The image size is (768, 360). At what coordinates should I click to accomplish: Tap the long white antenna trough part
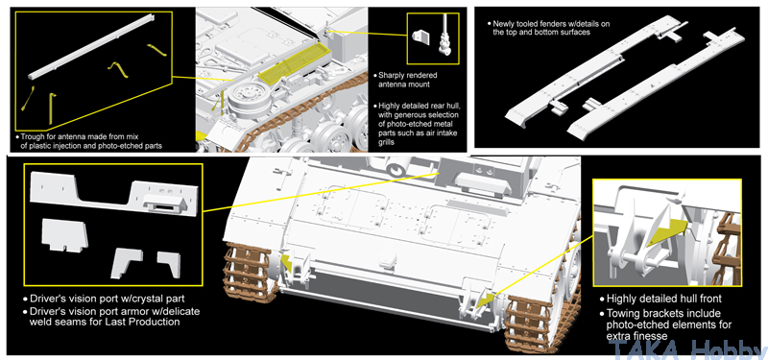click(x=91, y=46)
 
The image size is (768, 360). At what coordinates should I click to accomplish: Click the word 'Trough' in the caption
click(x=33, y=136)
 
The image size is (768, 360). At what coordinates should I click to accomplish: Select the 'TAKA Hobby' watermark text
click(x=687, y=348)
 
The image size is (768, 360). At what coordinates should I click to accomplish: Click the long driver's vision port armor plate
click(x=114, y=193)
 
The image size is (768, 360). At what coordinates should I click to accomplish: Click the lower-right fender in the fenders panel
click(x=653, y=87)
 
